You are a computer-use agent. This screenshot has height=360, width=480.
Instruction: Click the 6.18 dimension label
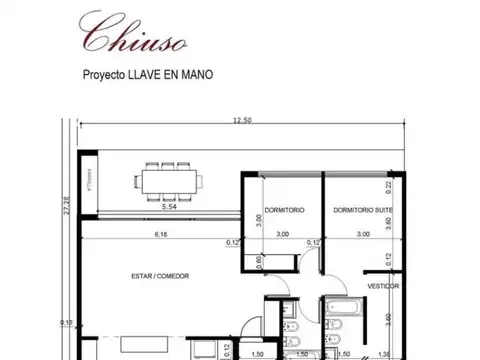point(161,234)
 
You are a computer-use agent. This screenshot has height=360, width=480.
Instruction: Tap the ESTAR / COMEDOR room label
point(160,275)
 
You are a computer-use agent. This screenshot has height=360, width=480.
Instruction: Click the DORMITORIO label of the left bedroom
point(284,209)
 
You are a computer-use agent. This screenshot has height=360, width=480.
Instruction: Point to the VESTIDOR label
point(383,286)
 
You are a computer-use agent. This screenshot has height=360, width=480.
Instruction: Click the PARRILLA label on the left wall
point(87,188)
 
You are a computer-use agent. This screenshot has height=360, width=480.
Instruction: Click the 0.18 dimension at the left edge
point(66,322)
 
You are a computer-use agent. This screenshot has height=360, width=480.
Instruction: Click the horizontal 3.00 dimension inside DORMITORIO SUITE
point(362,234)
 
